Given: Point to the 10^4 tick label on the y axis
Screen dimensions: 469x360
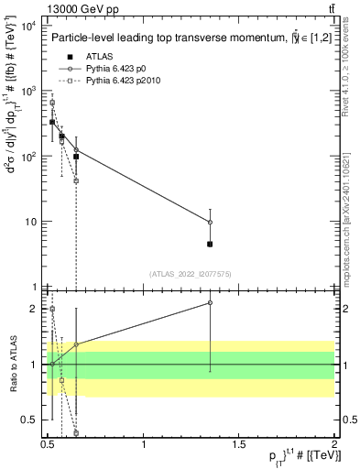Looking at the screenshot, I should [27, 25].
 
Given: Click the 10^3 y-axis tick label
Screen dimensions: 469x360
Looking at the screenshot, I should [27, 91].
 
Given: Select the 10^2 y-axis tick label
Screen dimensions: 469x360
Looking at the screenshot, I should [27, 157].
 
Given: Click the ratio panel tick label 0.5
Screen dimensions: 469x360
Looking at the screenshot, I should [31, 420].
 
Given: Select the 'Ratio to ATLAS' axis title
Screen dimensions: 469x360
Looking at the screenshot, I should [11, 365].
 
